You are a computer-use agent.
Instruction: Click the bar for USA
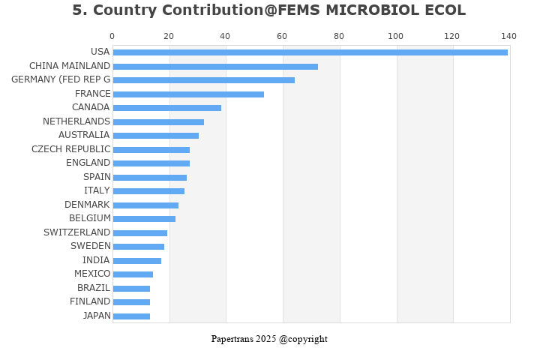(310, 52)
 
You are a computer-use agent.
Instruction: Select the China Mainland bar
(215, 67)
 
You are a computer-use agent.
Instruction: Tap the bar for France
(188, 94)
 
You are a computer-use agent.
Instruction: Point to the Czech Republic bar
(151, 150)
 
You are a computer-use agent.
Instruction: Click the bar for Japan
(131, 316)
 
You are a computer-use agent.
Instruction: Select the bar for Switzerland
(139, 233)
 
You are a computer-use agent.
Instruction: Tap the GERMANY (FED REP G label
(61, 79)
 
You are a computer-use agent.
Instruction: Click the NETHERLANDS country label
(76, 121)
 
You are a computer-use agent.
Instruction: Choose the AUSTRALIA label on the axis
(84, 135)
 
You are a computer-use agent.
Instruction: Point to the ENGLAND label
(88, 163)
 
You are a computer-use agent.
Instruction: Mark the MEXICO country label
(92, 274)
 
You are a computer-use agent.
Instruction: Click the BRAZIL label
(94, 288)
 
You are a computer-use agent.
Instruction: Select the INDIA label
(96, 260)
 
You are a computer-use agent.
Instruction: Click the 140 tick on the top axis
(509, 36)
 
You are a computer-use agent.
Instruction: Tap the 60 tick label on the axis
(282, 36)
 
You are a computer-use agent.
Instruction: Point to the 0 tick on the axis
(112, 36)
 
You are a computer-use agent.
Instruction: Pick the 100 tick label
(395, 36)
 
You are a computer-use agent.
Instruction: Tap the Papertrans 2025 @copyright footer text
(269, 339)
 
